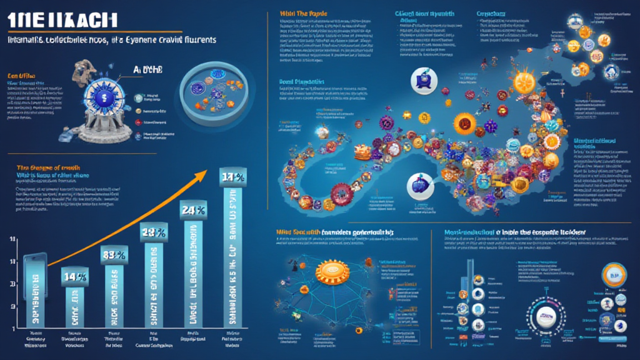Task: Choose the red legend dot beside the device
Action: pos(138,109)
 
